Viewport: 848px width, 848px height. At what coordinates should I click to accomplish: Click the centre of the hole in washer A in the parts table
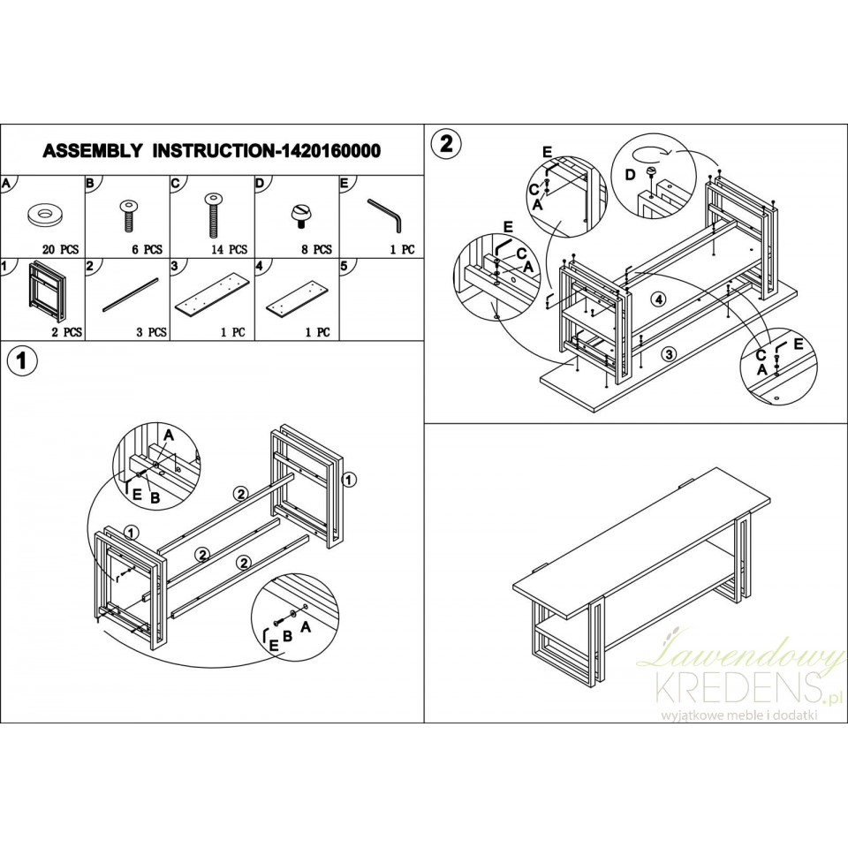(x=44, y=214)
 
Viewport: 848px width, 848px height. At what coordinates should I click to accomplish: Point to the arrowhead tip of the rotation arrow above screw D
(x=672, y=153)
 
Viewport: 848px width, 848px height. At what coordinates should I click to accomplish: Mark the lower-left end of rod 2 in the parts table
(x=103, y=312)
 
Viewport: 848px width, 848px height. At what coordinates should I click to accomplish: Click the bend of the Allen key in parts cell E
(x=398, y=218)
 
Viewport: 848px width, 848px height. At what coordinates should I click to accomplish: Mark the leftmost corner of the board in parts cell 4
(x=267, y=310)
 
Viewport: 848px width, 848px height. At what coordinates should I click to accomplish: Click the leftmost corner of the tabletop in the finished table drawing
(x=512, y=587)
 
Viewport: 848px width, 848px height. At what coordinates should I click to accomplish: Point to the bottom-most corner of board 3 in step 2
(x=596, y=413)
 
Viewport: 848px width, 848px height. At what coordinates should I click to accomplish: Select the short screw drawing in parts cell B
(x=128, y=215)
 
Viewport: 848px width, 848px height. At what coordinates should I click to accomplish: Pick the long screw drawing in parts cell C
(x=213, y=215)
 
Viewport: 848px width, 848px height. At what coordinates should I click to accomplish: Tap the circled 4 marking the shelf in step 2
(x=657, y=298)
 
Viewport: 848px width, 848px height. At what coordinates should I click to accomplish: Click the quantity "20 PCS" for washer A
(x=61, y=249)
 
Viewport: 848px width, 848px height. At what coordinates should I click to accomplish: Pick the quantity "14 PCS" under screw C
(x=229, y=249)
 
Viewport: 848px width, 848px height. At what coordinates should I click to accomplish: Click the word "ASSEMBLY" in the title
(x=93, y=150)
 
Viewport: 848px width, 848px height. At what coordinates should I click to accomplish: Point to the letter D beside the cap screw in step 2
(x=630, y=175)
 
